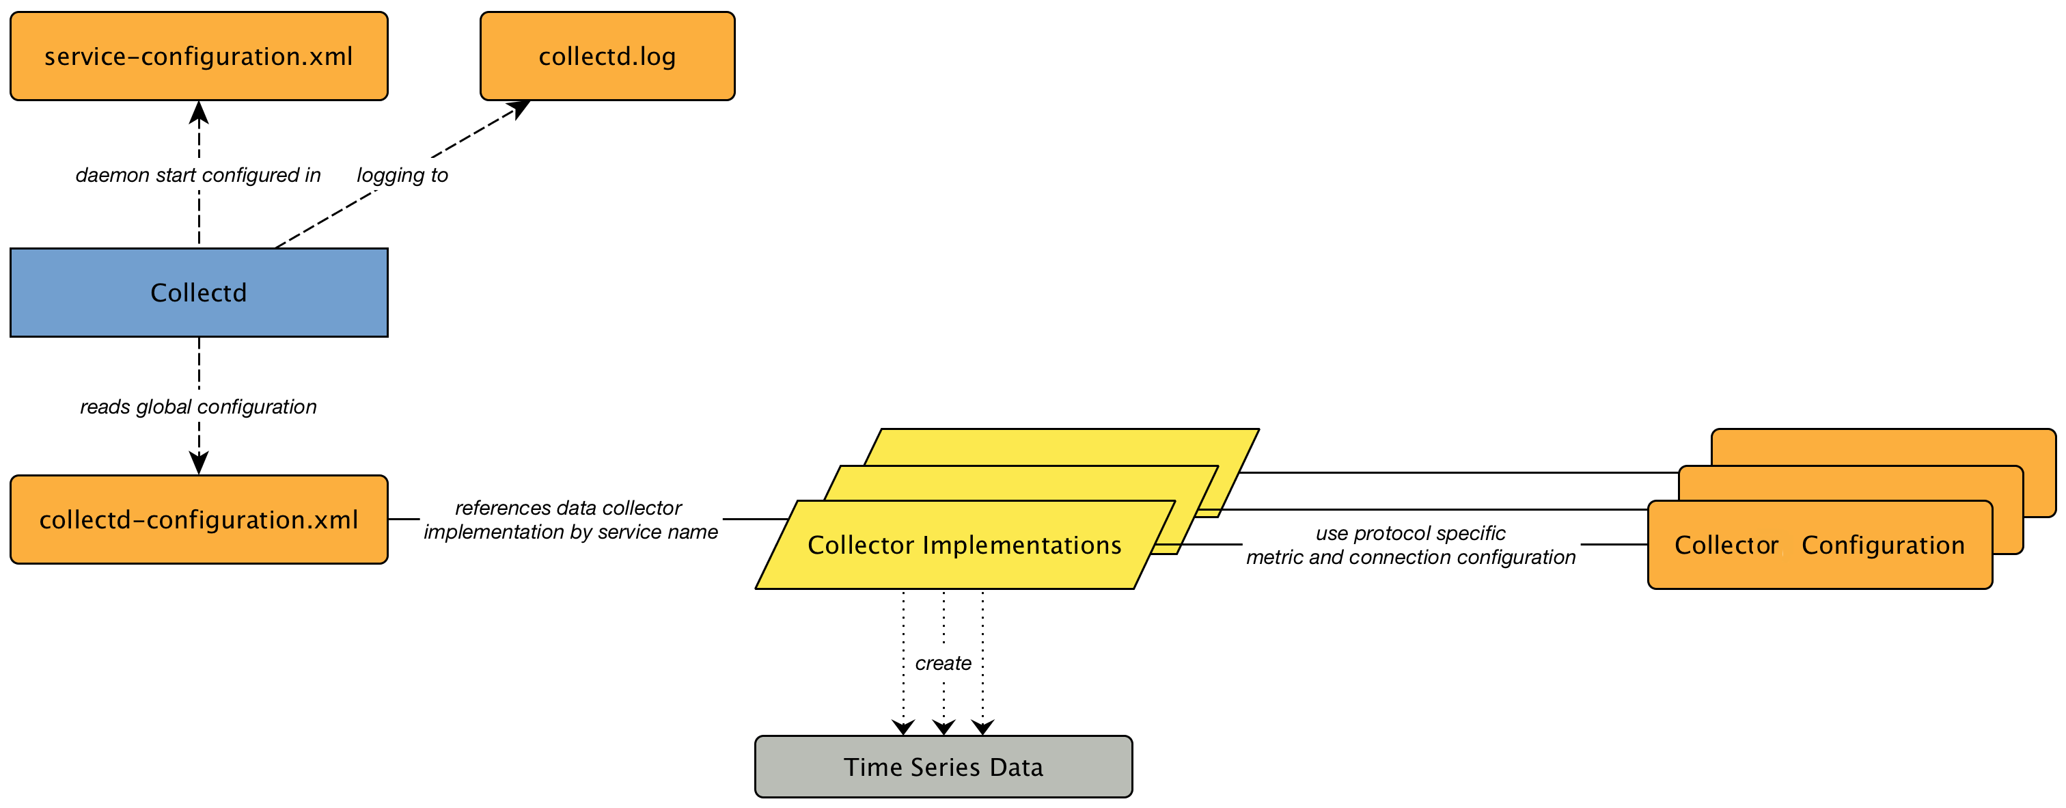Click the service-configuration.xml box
[198, 56]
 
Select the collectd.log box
[607, 56]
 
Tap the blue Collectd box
[198, 293]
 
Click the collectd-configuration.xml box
[198, 520]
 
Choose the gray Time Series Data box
[944, 767]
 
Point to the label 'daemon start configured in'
[198, 175]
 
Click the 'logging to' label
[402, 175]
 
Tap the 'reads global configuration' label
[198, 407]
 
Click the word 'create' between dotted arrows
[944, 664]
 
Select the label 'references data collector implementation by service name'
[570, 520]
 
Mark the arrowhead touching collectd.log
[520, 108]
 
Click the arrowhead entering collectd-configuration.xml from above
[199, 463]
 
